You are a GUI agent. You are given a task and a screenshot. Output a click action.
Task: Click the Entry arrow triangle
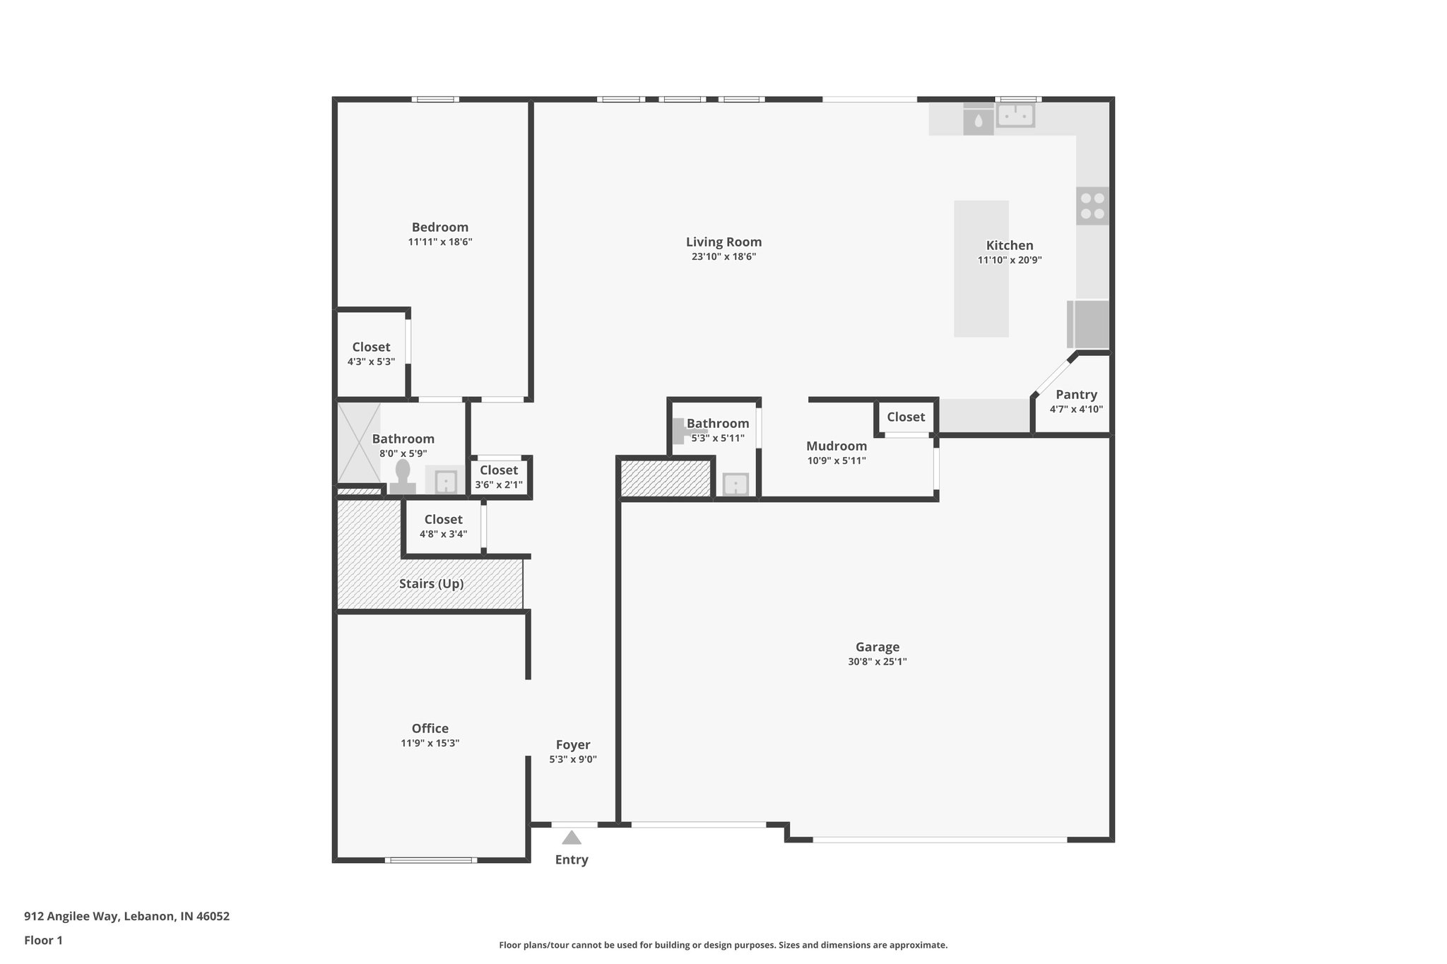coord(572,838)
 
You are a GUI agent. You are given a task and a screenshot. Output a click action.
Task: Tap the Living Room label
coord(723,242)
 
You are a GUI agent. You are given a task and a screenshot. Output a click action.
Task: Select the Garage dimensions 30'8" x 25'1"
coord(878,662)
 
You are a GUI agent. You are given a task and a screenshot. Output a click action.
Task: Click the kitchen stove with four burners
coord(1092,206)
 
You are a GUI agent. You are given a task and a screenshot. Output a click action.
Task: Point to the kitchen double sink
coord(1015,114)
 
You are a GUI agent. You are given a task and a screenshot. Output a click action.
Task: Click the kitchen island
coord(981,268)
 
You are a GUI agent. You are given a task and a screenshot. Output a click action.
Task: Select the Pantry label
coord(1076,395)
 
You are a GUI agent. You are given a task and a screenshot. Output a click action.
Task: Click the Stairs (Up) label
coord(431,584)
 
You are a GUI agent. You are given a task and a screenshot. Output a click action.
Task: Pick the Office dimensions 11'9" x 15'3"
coord(430,743)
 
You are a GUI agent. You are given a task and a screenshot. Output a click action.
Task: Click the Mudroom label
coord(837,446)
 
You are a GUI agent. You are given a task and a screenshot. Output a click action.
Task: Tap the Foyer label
coord(573,745)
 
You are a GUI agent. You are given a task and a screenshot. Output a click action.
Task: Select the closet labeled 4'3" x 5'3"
coord(371,354)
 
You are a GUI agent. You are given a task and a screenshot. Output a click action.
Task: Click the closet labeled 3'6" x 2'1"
coord(499,477)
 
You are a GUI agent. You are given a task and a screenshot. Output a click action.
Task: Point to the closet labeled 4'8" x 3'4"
coord(443,526)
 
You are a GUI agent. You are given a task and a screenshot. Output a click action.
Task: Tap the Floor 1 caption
coord(43,941)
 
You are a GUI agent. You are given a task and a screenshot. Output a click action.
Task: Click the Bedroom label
coord(439,227)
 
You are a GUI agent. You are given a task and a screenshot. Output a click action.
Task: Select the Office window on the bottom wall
coord(430,860)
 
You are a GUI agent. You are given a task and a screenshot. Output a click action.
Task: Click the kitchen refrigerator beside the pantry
coord(1089,324)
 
